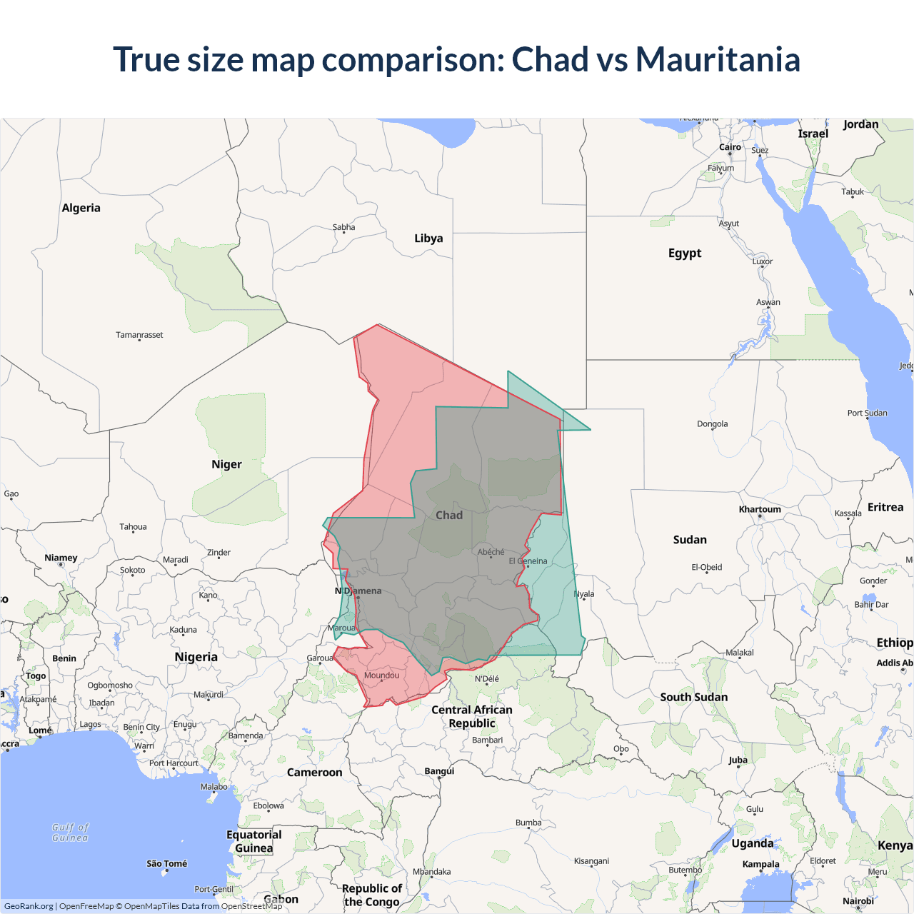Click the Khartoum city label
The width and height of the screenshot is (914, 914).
click(760, 509)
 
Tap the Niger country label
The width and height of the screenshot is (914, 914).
click(226, 464)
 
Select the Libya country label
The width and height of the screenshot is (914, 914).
click(428, 238)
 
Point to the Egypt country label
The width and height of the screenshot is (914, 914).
click(685, 253)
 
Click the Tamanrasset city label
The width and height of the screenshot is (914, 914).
click(139, 335)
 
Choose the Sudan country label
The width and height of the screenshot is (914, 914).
click(690, 540)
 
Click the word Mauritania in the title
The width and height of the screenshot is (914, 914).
click(718, 59)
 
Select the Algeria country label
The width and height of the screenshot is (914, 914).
click(81, 208)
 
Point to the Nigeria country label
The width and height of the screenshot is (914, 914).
click(196, 657)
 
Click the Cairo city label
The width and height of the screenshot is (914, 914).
click(730, 147)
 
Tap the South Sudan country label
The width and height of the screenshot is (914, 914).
click(693, 697)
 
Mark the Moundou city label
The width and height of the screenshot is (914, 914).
click(381, 676)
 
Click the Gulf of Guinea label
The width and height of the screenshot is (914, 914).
click(70, 833)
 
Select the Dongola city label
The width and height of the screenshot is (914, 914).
click(712, 424)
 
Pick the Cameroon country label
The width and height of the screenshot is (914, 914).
click(314, 773)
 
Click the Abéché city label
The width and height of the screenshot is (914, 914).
click(491, 552)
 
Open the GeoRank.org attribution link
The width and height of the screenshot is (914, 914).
click(29, 906)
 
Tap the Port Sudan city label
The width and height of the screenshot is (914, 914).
click(867, 413)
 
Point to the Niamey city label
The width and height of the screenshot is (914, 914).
click(61, 558)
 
